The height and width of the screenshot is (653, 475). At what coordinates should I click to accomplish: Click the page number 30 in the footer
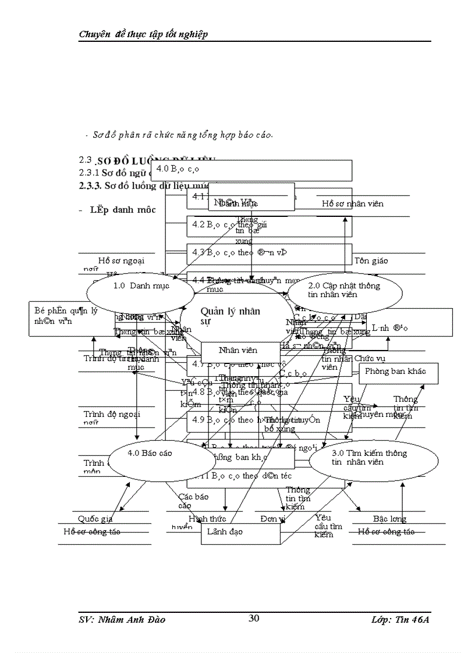(254, 618)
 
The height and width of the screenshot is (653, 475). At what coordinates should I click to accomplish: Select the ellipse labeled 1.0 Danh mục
(140, 286)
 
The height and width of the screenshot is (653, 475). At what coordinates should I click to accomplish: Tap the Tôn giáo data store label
(371, 261)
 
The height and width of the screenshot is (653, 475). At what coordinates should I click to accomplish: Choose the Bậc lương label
(389, 519)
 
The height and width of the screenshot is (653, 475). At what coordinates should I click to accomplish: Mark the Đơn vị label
(272, 519)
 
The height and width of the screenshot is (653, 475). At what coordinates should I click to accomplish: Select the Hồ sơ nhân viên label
(353, 204)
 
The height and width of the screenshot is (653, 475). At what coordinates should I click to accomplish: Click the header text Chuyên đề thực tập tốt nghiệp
(143, 34)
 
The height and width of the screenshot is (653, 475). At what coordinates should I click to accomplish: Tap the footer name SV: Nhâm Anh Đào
(122, 619)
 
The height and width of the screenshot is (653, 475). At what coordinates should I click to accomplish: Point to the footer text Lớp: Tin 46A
(400, 619)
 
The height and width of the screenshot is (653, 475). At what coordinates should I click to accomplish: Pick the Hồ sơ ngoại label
(121, 261)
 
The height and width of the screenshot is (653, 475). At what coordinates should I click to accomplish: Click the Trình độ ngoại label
(112, 415)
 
